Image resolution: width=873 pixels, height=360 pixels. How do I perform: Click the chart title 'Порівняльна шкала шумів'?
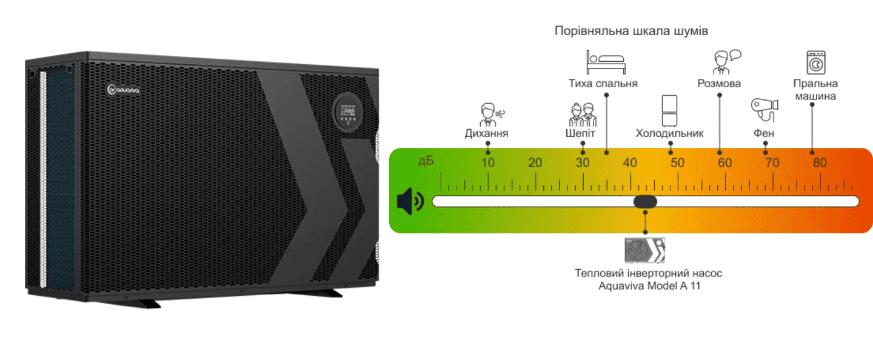[x=631, y=31]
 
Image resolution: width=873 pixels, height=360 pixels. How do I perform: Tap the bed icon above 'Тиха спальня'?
[x=605, y=62]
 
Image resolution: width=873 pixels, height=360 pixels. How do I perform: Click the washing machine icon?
[x=816, y=62]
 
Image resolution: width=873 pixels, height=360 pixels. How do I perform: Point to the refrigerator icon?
[x=669, y=110]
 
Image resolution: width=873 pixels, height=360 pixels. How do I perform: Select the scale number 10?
[x=488, y=163]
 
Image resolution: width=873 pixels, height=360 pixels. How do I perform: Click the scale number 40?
[x=630, y=163]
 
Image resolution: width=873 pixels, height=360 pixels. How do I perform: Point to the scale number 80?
[x=820, y=163]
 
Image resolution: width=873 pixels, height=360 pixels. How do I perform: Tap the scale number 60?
[x=725, y=163]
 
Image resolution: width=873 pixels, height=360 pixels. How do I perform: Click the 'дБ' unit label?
[x=426, y=161]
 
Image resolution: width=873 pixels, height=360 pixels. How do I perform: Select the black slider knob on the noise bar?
[x=645, y=201]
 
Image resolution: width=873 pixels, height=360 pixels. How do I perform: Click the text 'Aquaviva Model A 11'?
[x=648, y=285]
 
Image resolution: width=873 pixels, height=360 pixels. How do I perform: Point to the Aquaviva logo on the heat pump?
[x=123, y=90]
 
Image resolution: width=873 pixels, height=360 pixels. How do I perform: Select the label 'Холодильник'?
[x=669, y=133]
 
